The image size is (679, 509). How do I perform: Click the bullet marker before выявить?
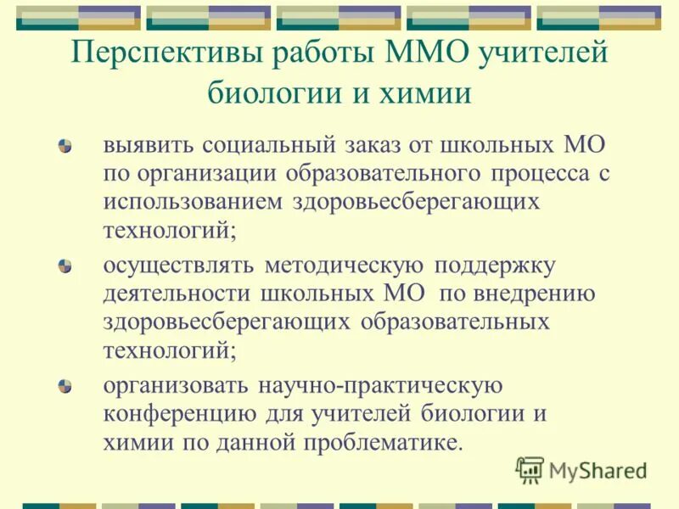pyautogui.click(x=65, y=146)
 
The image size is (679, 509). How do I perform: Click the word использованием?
pyautogui.click(x=194, y=203)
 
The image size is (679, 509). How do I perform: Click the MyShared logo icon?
pyautogui.click(x=529, y=469)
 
